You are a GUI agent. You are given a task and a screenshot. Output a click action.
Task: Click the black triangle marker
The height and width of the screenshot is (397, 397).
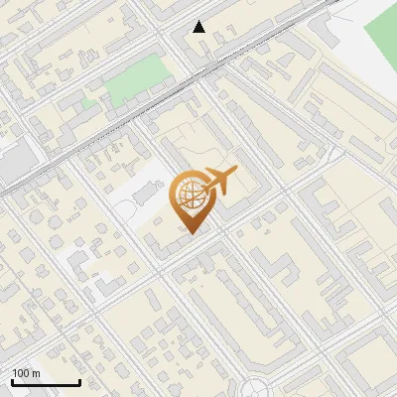199,27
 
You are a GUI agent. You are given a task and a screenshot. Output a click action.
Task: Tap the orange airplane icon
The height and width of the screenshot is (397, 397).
219,182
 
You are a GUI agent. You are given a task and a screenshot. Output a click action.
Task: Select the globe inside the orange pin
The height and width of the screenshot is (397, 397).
189,195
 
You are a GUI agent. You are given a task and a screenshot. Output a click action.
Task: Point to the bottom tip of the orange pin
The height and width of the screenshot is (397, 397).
191,233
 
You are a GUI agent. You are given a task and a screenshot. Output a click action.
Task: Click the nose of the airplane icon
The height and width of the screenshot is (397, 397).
236,173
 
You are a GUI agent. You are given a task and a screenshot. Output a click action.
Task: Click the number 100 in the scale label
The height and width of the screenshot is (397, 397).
22,373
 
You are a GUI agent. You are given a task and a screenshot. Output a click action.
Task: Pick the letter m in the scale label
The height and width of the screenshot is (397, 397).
36,373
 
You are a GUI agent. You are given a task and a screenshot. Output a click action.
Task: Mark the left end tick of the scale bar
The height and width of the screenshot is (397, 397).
13,382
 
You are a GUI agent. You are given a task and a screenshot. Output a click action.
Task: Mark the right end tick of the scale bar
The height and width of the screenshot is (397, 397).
79,382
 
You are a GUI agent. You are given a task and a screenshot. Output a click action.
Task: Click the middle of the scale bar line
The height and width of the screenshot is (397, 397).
46,384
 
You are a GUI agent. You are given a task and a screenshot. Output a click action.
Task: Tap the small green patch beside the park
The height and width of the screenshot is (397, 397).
90,101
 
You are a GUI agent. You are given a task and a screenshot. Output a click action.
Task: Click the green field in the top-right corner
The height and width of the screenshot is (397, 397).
381,35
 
